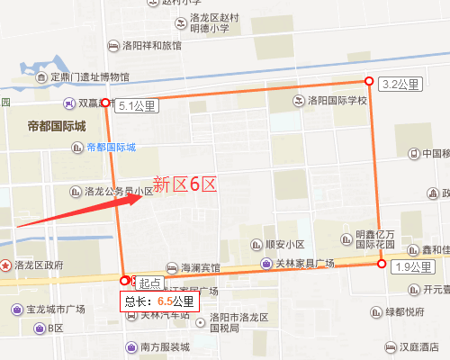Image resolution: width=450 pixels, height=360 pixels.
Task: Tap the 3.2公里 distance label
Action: (x=401, y=85)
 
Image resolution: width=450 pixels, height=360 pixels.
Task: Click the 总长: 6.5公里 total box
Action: (x=158, y=301)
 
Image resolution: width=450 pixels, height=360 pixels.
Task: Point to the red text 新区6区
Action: (x=184, y=184)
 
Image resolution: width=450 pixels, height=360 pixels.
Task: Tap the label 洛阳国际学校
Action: (x=337, y=100)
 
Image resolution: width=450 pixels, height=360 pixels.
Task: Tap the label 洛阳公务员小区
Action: (x=118, y=191)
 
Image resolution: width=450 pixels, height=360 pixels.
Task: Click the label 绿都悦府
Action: (x=404, y=312)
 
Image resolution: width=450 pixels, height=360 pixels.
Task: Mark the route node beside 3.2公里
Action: (x=367, y=80)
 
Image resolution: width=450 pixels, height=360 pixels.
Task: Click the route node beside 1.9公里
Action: (x=382, y=264)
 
